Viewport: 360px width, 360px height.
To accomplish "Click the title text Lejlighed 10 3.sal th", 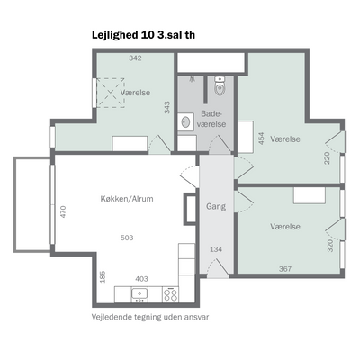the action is (x=143, y=35).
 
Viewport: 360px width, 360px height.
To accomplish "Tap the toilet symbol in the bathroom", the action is (x=220, y=86).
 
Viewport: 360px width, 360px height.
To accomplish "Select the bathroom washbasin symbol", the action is (x=185, y=122).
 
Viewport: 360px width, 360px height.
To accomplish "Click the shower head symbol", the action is (x=192, y=79).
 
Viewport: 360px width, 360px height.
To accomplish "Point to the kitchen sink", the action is (x=139, y=294).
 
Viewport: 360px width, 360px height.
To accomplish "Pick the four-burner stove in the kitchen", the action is (x=170, y=294).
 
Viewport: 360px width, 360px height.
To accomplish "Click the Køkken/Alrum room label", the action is (x=127, y=199).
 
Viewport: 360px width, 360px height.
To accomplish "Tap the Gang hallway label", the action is (x=216, y=206).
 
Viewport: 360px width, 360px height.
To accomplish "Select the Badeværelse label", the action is (x=213, y=119).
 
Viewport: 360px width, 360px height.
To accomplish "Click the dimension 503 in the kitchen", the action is (x=127, y=238).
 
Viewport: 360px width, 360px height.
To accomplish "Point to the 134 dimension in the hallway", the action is (x=216, y=249).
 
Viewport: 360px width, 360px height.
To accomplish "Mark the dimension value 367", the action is (x=285, y=269).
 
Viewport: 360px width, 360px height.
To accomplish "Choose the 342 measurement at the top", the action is (x=135, y=58).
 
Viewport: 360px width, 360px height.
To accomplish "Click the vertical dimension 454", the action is (x=262, y=139).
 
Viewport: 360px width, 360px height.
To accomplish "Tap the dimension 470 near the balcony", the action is (x=63, y=211).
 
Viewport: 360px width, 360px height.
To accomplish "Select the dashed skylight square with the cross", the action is (x=110, y=93).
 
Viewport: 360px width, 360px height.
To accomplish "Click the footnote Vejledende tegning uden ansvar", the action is (x=150, y=317).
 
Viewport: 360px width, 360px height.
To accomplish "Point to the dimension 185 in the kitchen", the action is (x=103, y=276).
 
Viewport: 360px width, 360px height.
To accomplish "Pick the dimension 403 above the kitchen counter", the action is (x=141, y=279).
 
